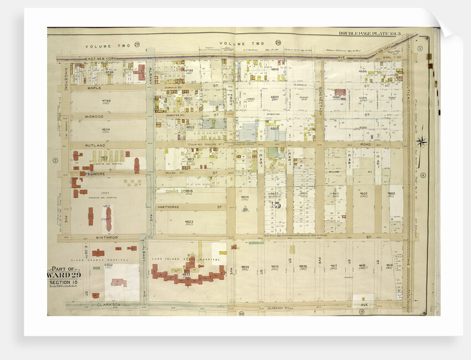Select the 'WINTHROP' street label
click(109, 237)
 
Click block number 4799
click(106, 101)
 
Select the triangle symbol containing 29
click(245, 209)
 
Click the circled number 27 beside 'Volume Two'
click(136, 44)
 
